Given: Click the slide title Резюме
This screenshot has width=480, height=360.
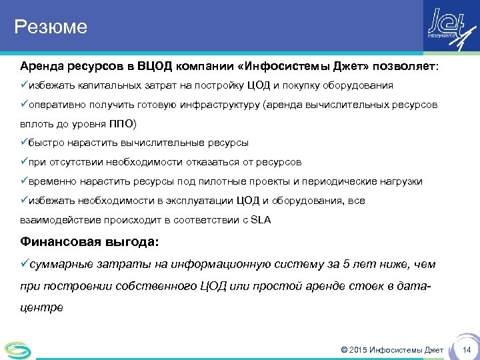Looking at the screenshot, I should (x=51, y=27).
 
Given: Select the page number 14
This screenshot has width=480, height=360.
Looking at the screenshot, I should (x=467, y=350).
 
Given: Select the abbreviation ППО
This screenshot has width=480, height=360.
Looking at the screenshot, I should (x=121, y=124).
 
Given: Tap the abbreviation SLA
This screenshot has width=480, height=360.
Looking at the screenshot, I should (x=261, y=220).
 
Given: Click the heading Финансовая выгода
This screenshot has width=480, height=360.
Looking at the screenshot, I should (x=89, y=242).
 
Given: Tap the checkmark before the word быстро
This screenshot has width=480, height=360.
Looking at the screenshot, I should (x=23, y=143).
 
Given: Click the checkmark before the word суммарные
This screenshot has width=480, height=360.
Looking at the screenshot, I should (x=23, y=264).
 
